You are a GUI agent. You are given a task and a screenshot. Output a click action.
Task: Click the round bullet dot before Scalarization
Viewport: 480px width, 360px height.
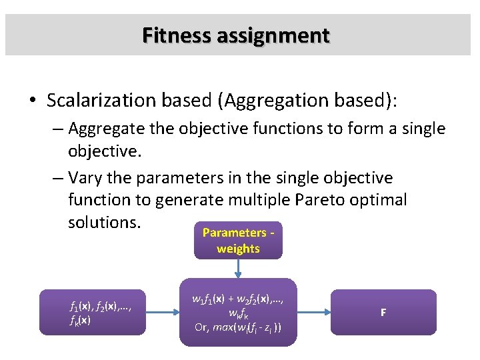pyautogui.click(x=32, y=101)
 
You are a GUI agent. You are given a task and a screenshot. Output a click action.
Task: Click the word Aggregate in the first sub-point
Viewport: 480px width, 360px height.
pyautogui.click(x=105, y=129)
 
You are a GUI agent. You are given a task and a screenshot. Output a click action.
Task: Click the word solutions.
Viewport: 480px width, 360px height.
pyautogui.click(x=104, y=221)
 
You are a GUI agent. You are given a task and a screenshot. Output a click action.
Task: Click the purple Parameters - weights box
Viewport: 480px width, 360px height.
pyautogui.click(x=238, y=240)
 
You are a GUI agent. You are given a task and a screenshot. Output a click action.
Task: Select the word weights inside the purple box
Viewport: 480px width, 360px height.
pyautogui.click(x=238, y=249)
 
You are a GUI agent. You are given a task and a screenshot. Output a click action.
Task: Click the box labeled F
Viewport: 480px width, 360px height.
pyautogui.click(x=383, y=312)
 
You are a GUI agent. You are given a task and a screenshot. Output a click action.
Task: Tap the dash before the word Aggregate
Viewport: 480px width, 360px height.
pyautogui.click(x=59, y=129)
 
